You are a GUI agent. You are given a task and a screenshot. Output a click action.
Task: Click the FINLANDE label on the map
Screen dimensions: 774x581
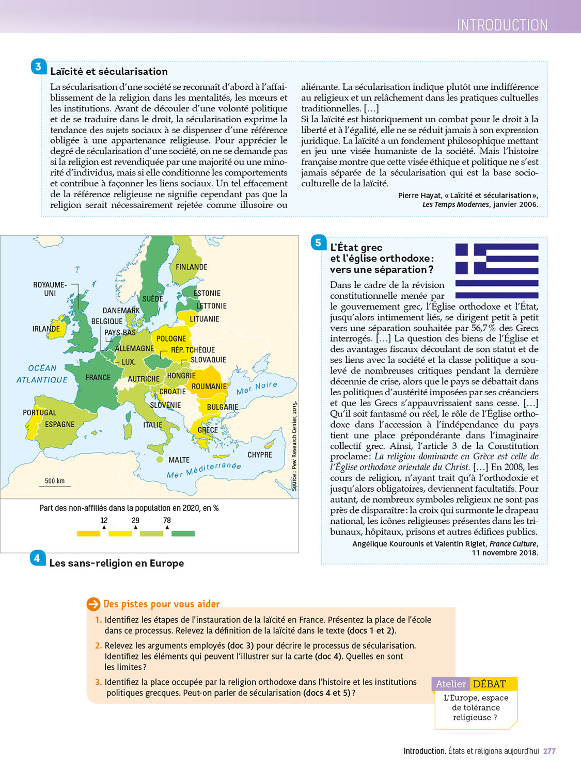tap(191, 267)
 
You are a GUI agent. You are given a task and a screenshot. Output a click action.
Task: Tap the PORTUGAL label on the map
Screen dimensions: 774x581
tap(39, 413)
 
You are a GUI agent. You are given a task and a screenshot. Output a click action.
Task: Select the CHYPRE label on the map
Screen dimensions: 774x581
tap(259, 455)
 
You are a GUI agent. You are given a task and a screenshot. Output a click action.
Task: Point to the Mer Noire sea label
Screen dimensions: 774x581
tap(257, 388)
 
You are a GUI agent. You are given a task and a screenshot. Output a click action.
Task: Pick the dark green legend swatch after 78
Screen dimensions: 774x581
tap(183, 534)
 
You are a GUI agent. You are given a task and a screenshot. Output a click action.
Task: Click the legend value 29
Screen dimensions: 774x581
tap(135, 520)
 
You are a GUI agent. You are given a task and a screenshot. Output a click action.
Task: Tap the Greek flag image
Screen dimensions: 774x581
tap(496, 271)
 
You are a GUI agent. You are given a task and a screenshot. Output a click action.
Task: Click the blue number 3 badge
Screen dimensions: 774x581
tap(39, 67)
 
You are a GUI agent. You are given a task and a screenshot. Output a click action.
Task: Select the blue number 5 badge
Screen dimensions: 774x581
tap(318, 243)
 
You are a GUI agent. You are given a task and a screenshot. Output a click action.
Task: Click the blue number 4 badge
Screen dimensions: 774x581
tap(37, 558)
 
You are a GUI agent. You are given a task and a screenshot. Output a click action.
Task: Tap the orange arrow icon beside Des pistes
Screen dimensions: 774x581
tap(93, 604)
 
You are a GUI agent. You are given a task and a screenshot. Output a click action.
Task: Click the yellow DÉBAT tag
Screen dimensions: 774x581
tap(489, 684)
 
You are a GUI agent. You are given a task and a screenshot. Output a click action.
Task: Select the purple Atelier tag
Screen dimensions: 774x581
tap(451, 684)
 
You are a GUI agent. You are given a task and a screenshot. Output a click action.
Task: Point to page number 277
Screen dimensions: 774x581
tap(549, 751)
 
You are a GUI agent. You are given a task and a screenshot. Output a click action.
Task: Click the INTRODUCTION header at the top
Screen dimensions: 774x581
tap(502, 25)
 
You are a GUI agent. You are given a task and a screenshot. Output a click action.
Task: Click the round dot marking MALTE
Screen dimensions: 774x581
tap(160, 459)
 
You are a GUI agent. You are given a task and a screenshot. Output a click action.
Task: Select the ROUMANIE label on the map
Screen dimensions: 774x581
tap(209, 386)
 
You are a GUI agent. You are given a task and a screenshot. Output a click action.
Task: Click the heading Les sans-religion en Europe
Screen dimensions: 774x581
tap(117, 563)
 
